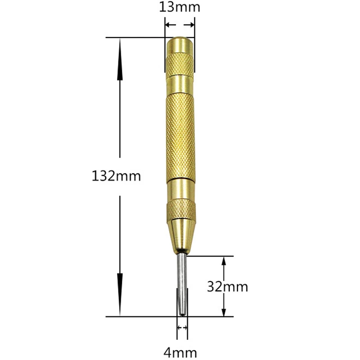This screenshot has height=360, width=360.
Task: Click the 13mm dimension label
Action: point(180,7)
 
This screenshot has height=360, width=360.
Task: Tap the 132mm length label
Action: point(116,176)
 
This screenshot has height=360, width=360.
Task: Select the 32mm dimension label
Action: point(228,287)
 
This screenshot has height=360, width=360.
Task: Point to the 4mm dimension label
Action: point(180,353)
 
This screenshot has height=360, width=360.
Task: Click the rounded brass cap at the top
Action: point(180,45)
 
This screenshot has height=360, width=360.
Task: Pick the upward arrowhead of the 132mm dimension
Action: point(120,60)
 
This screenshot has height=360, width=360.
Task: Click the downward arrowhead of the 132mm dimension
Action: point(120,294)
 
